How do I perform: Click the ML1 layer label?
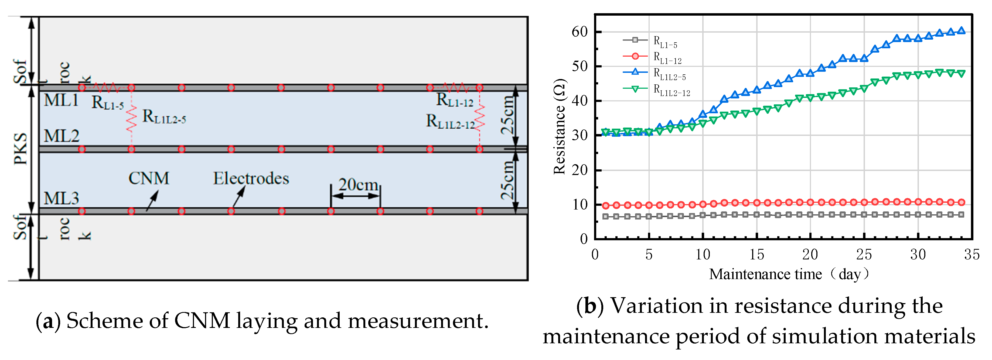(x=61, y=101)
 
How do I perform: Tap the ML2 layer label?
(x=61, y=136)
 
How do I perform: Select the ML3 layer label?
(x=61, y=198)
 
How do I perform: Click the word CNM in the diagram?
(x=149, y=178)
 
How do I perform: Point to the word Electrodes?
(x=251, y=178)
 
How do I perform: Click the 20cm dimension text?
(x=358, y=185)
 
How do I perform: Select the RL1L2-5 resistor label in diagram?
(x=164, y=117)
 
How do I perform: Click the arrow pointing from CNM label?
(x=152, y=201)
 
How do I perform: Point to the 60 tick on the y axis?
(x=579, y=32)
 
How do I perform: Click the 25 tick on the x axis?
(x=864, y=255)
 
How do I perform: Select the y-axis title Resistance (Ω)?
(x=559, y=127)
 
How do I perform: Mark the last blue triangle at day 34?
(x=961, y=30)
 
